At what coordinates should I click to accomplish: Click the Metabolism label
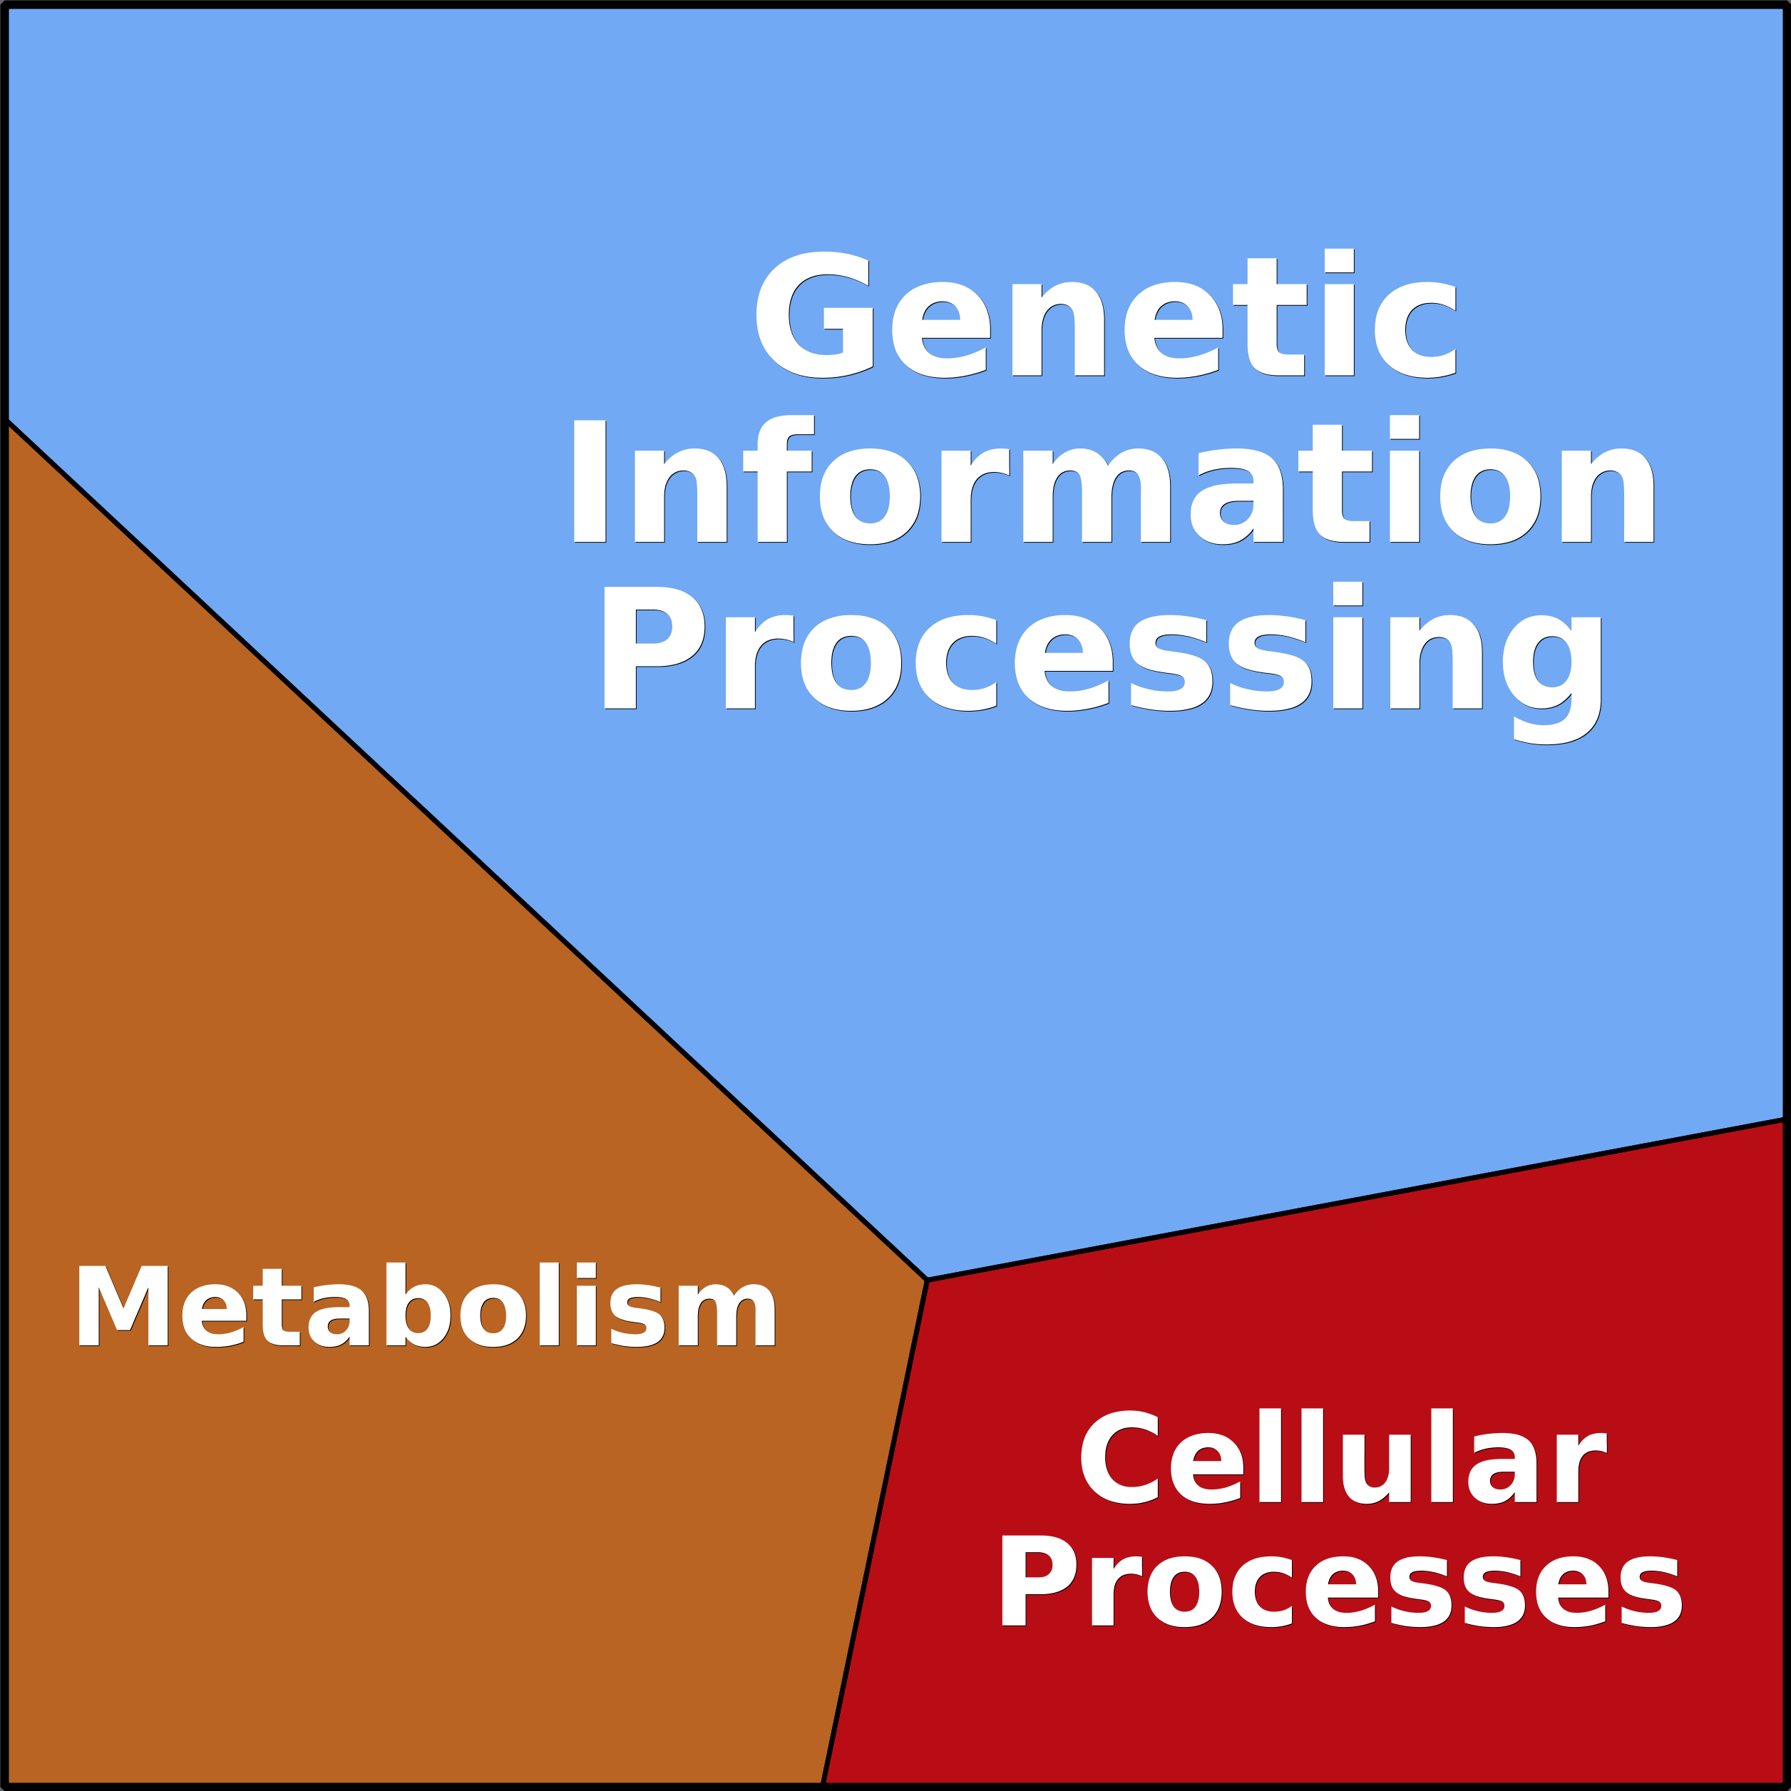click(x=426, y=1306)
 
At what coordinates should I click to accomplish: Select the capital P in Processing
click(x=651, y=649)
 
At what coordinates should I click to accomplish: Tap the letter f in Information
click(x=779, y=478)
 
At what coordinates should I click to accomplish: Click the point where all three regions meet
click(x=927, y=1281)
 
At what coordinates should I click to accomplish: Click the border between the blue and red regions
click(x=1353, y=1201)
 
